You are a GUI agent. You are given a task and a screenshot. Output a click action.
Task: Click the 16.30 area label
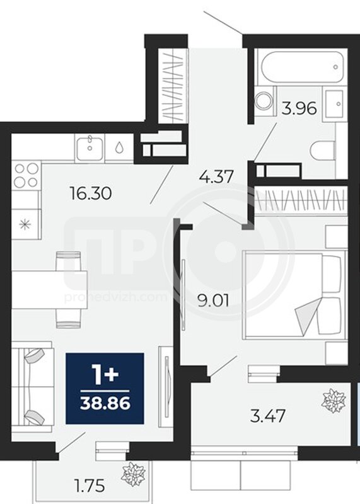tap(91, 193)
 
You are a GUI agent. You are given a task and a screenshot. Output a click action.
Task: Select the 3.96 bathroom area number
tap(299, 108)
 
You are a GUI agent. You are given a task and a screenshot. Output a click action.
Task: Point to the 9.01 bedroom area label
tap(213, 302)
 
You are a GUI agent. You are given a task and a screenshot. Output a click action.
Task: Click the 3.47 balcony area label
tap(268, 416)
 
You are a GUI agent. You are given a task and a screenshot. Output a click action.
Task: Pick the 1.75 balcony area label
tap(89, 485)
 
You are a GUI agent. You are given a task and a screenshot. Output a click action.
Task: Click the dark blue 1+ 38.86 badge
tap(105, 388)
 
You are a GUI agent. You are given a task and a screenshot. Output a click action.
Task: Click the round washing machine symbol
tap(264, 101)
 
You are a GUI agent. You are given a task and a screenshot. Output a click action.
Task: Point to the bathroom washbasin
tap(335, 103)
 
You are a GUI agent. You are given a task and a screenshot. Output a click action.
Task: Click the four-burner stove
tap(26, 176)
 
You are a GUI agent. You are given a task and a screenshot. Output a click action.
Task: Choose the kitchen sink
tap(90, 148)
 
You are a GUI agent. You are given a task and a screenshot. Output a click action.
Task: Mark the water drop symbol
tap(119, 147)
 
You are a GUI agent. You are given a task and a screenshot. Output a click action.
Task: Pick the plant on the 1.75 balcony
tap(133, 474)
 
